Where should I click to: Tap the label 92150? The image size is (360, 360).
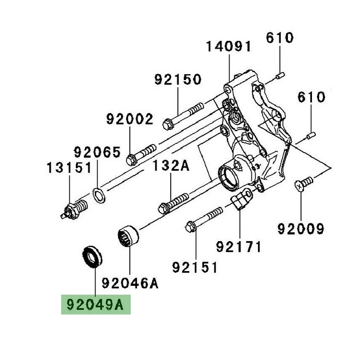pyautogui.click(x=177, y=80)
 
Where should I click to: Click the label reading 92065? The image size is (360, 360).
pyautogui.click(x=97, y=152)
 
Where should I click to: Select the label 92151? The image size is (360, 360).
pyautogui.click(x=195, y=267)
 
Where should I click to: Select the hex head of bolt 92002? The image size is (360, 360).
pyautogui.click(x=131, y=159)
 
